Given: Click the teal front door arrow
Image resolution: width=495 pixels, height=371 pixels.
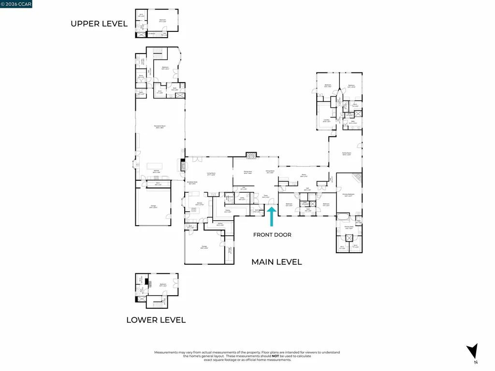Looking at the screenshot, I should point(271,217).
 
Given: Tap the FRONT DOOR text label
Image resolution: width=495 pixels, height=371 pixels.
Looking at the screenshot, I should point(273,235).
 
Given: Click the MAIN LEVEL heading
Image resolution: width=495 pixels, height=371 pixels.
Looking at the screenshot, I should point(277,262).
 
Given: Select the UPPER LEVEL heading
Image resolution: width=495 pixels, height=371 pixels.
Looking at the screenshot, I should point(99,23).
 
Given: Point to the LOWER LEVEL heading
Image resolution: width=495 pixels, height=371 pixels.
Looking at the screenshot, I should point(156,320).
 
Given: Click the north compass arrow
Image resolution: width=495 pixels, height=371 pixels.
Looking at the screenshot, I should point(473,352).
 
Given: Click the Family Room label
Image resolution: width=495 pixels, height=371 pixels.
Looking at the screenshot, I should point(346,153).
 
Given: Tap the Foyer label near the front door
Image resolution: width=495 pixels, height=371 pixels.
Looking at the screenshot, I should point(265,196).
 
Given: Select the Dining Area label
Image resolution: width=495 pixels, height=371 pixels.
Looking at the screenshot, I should point(248,171).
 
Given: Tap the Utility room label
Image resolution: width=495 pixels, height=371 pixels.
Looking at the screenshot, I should point(242,198).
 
